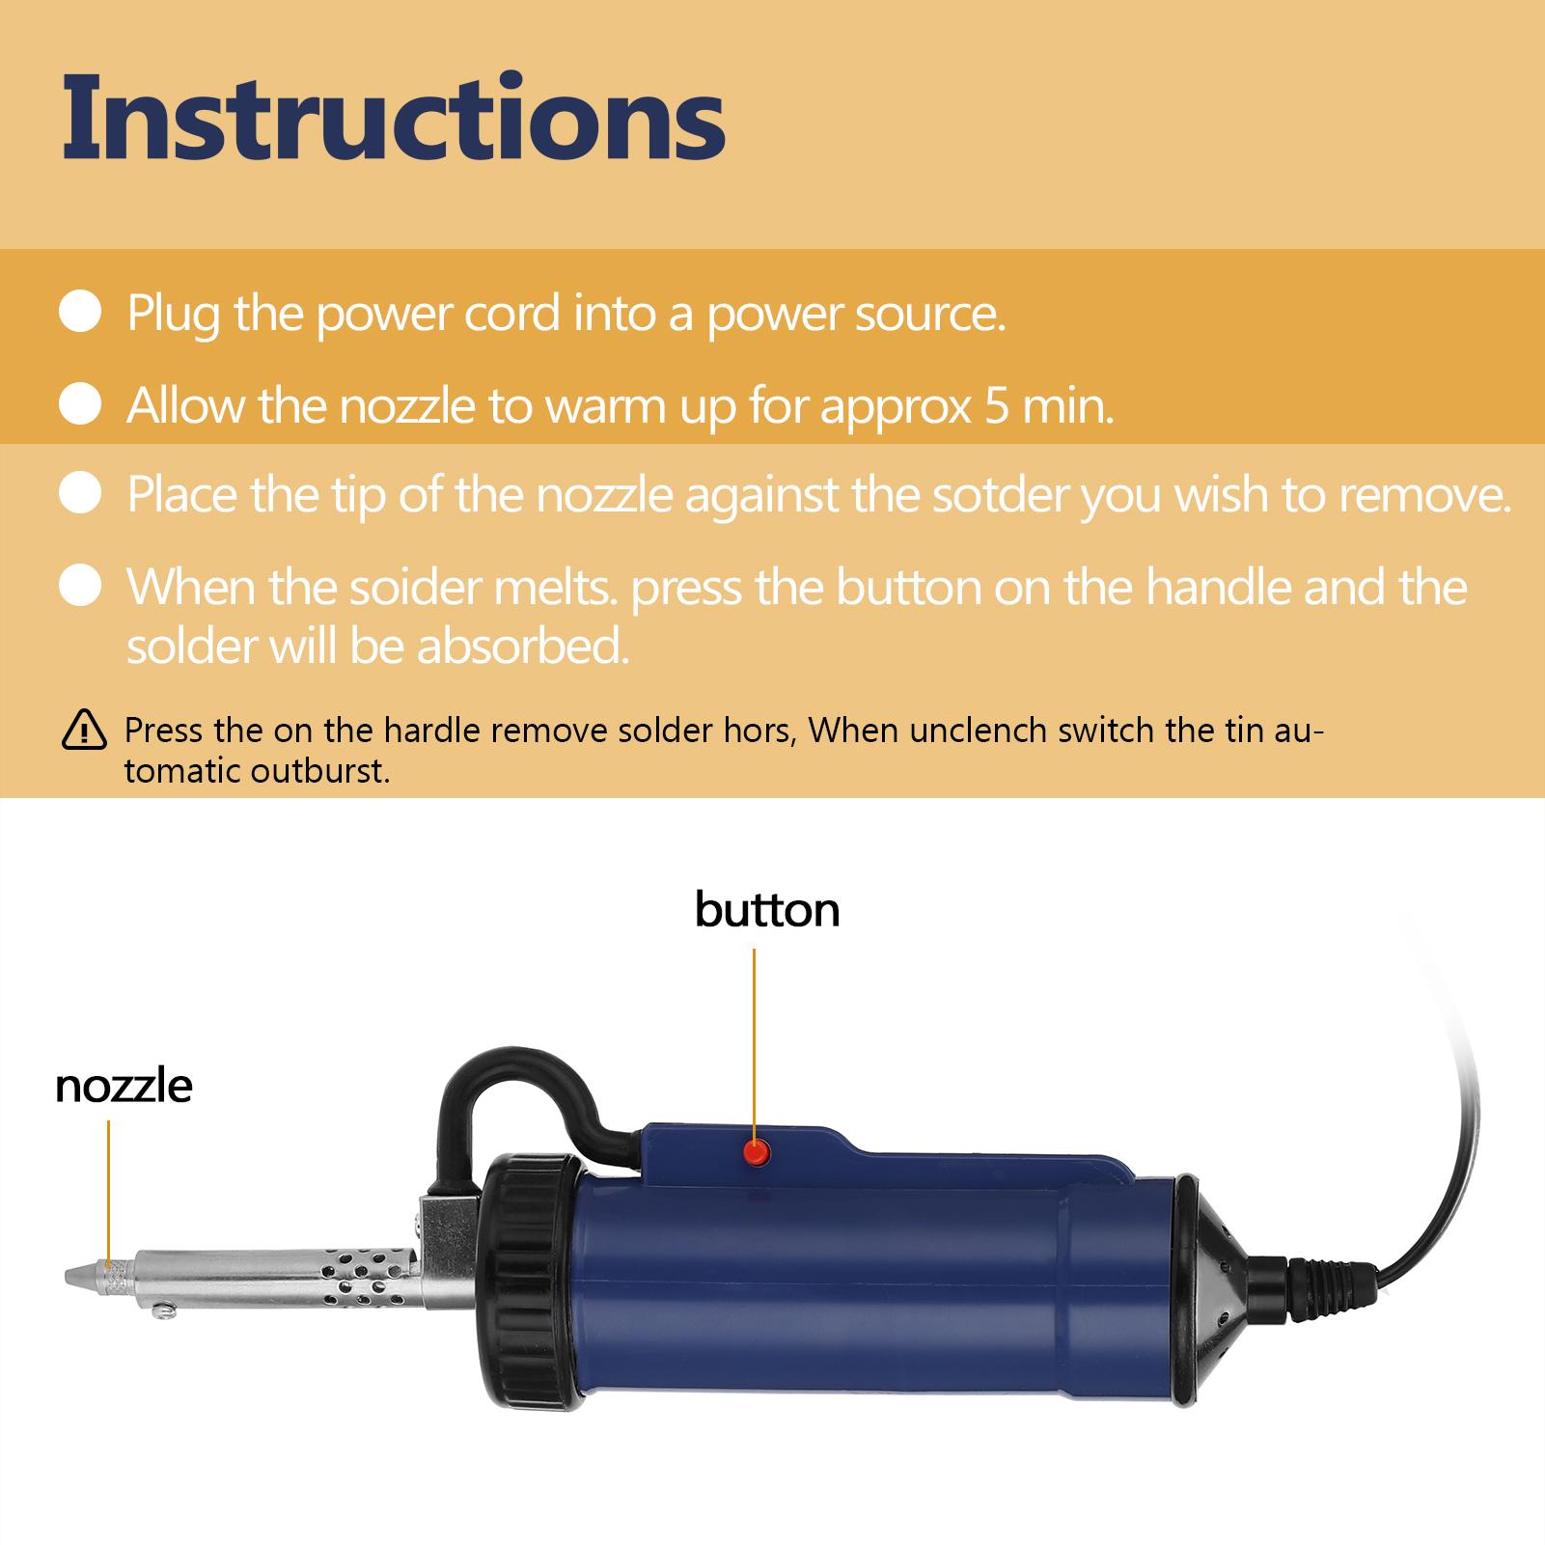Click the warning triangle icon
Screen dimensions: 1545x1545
(x=85, y=730)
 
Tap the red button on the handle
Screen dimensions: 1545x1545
(x=755, y=1150)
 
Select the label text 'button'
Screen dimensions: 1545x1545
(x=767, y=910)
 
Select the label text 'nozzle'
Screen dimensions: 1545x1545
(x=124, y=1086)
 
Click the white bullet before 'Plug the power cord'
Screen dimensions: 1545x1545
(x=81, y=314)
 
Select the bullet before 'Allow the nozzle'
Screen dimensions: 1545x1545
(x=81, y=404)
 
